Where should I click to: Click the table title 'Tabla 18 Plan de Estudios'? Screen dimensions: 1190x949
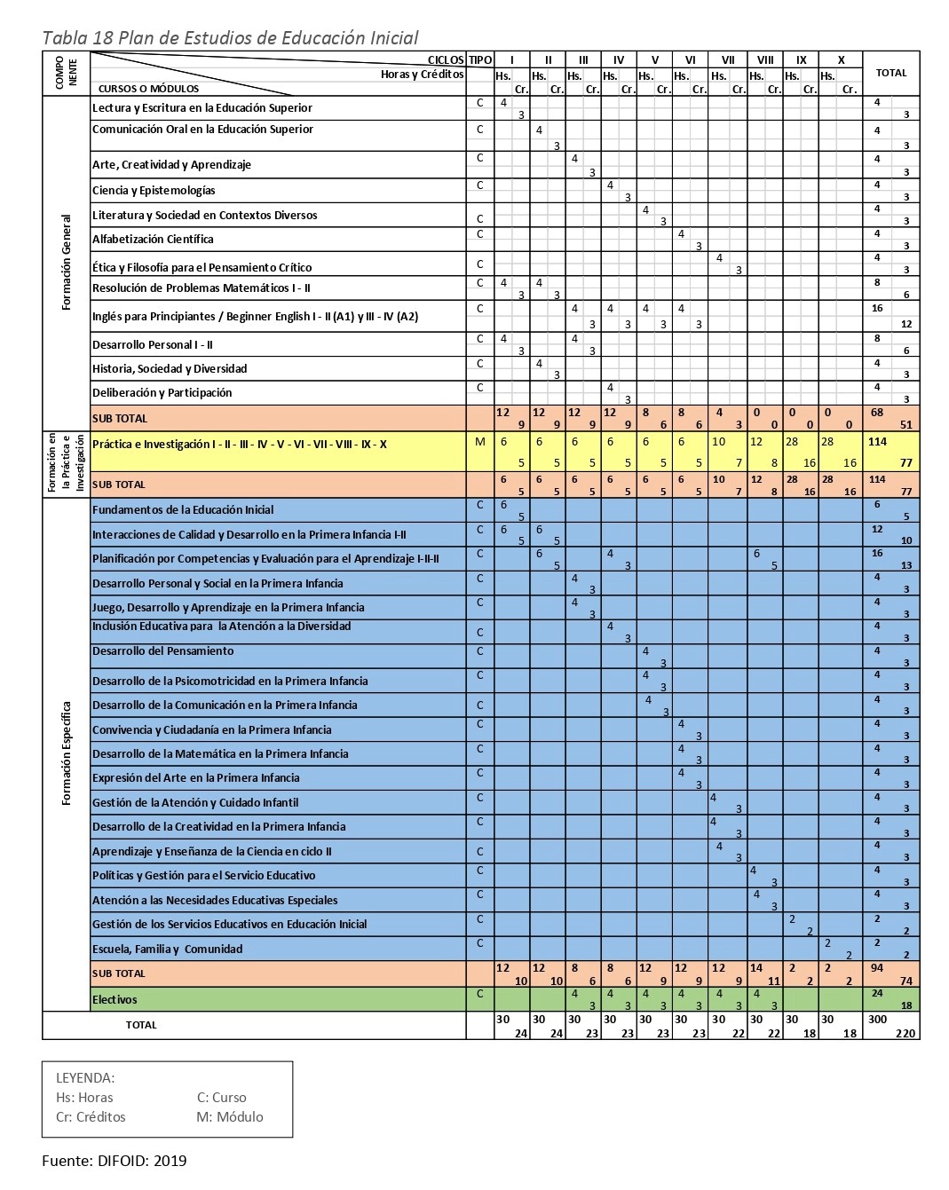pyautogui.click(x=230, y=37)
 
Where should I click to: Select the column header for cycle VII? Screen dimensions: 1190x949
pyautogui.click(x=728, y=60)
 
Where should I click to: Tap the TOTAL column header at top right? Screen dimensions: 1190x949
pyautogui.click(x=890, y=73)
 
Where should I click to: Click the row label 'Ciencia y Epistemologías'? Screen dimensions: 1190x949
pyautogui.click(x=154, y=191)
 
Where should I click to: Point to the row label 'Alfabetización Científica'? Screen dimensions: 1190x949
pyautogui.click(x=153, y=240)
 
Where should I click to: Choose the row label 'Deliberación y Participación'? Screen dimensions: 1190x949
pyautogui.click(x=162, y=393)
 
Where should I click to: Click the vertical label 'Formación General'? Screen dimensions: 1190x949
pyautogui.click(x=67, y=262)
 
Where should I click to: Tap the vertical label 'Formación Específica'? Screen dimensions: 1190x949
pyautogui.click(x=67, y=754)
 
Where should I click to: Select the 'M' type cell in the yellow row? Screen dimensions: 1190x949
pyautogui.click(x=480, y=442)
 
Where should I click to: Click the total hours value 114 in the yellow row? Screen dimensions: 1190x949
pyautogui.click(x=878, y=442)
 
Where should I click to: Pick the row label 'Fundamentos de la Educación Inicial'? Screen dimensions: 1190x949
pyautogui.click(x=183, y=510)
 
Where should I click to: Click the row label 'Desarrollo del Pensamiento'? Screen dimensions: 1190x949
pyautogui.click(x=163, y=651)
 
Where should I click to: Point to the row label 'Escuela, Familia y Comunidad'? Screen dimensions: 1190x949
pyautogui.click(x=167, y=950)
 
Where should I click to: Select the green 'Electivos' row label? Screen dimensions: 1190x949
pyautogui.click(x=115, y=1000)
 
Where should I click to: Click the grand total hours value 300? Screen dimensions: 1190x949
pyautogui.click(x=878, y=1020)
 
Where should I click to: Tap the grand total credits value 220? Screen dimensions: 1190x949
pyautogui.click(x=904, y=1033)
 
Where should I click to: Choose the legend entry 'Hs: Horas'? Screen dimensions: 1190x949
pyautogui.click(x=84, y=1098)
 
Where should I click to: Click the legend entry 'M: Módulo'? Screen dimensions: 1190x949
pyautogui.click(x=230, y=1117)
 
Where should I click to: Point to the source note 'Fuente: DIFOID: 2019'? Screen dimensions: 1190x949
pyautogui.click(x=115, y=1161)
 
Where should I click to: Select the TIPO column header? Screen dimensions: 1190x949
pyautogui.click(x=480, y=60)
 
